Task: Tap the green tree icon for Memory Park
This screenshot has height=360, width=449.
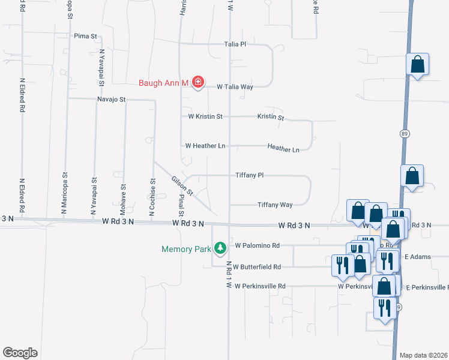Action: (220, 248)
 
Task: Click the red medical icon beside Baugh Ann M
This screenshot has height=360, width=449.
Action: (197, 82)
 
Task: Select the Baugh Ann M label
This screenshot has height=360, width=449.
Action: (164, 82)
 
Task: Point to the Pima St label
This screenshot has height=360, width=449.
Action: (85, 36)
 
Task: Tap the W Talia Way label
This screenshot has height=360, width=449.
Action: (235, 86)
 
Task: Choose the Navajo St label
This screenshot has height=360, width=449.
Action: (111, 99)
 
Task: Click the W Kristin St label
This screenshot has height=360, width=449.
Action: (205, 116)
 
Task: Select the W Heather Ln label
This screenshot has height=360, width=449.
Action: (205, 146)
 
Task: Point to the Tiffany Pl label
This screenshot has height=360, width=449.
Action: (250, 175)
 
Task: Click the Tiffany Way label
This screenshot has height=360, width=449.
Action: (275, 205)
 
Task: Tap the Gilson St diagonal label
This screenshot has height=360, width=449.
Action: (182, 186)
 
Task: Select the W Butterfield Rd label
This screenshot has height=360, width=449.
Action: (256, 266)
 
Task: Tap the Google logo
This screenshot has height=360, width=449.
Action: (20, 353)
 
